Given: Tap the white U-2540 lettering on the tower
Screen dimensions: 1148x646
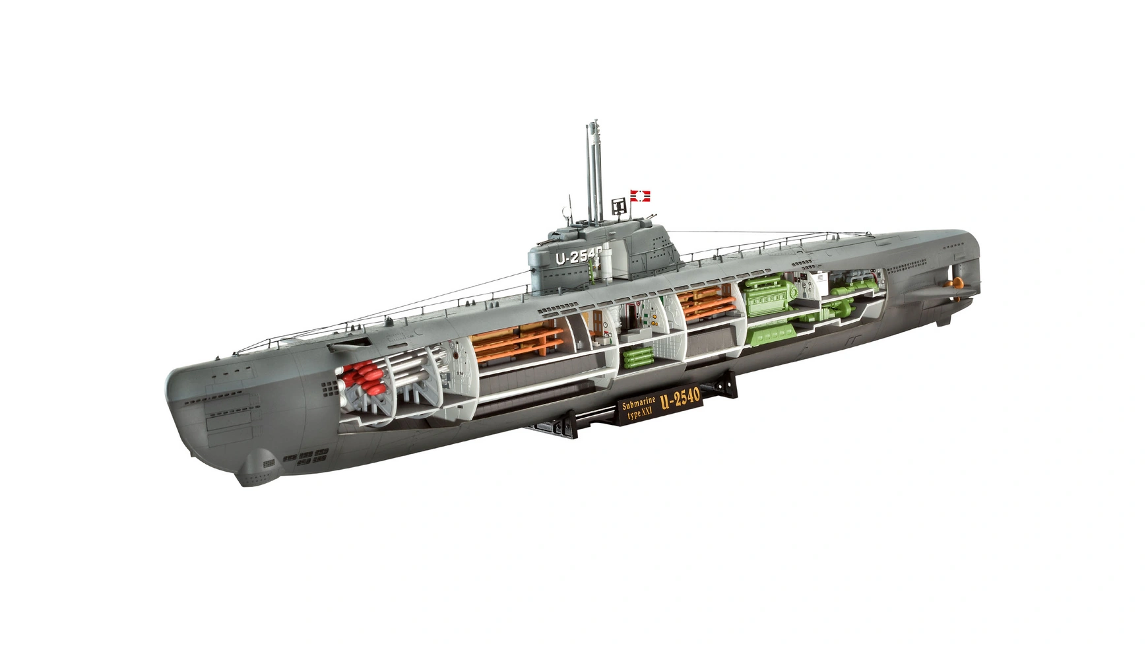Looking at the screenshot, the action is click(578, 257).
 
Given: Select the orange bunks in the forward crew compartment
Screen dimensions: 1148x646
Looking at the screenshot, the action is click(519, 340).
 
